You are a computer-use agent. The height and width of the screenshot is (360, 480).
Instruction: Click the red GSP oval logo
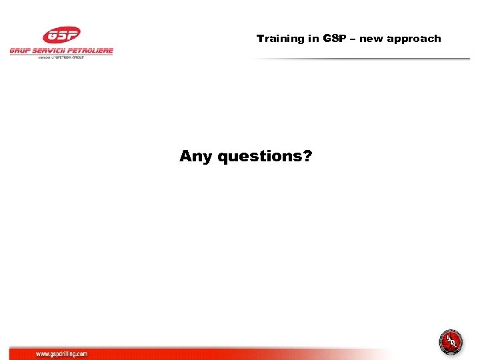tap(61, 35)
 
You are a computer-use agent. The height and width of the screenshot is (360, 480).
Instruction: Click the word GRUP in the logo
tap(21, 51)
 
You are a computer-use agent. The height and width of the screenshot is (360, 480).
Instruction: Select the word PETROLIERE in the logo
tap(93, 51)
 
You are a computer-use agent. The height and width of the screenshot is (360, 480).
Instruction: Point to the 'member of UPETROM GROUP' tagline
tap(61, 57)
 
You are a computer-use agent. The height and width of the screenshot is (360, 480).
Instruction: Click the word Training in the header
tap(280, 39)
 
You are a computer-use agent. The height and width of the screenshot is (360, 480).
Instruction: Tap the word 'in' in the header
tap(313, 39)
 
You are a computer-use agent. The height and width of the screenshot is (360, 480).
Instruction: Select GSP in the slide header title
tap(335, 39)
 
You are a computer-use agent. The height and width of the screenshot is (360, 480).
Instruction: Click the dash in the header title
tap(353, 39)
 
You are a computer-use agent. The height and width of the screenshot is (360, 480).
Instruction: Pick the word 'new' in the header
tap(371, 39)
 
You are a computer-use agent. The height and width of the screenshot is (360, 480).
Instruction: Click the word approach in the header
tap(414, 39)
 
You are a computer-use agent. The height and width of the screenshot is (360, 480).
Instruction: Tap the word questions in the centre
tap(259, 157)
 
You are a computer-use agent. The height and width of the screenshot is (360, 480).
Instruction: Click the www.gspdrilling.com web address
tap(61, 354)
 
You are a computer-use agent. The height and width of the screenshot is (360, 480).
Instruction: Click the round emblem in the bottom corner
tap(451, 342)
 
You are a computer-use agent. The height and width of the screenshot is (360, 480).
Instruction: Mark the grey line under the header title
tap(360, 59)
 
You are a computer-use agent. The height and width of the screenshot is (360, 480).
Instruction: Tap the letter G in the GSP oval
tap(52, 35)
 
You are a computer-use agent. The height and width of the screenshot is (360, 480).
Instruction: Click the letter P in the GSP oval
tap(71, 35)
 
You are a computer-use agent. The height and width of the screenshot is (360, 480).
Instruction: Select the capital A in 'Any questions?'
tap(186, 156)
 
